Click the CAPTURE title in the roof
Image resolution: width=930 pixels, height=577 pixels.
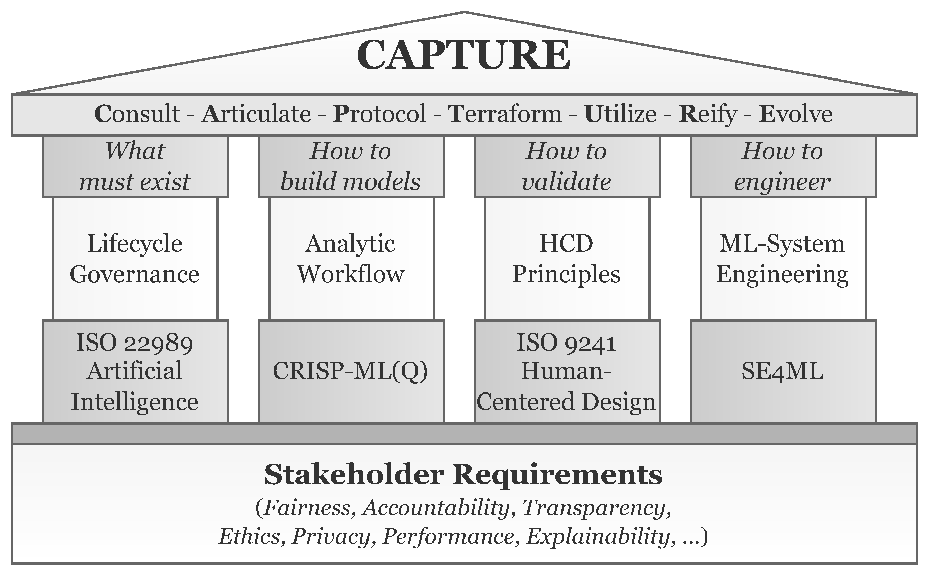coord(463,55)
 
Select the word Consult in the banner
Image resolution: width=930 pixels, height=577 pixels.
coord(137,114)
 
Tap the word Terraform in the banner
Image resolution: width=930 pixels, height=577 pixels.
coord(505,114)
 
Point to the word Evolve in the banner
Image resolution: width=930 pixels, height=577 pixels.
coord(795,114)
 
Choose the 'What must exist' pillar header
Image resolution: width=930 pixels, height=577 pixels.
coord(135,166)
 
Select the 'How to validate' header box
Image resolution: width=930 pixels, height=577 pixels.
coord(567,166)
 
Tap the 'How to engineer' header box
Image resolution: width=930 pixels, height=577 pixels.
coord(783,166)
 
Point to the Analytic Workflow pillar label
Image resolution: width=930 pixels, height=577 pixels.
coord(351,259)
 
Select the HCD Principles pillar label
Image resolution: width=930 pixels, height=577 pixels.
coord(567,259)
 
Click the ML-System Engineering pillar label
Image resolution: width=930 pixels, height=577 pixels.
coord(783,259)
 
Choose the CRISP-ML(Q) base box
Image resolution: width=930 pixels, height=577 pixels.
coord(351,371)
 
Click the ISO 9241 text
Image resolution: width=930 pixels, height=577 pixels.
coord(567,342)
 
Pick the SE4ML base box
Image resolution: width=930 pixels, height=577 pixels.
coord(783,371)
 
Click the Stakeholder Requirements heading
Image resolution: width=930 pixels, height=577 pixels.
coord(463,474)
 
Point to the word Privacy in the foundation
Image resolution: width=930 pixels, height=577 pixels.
coord(331,536)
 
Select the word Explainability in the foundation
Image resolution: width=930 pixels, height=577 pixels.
coord(598,536)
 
